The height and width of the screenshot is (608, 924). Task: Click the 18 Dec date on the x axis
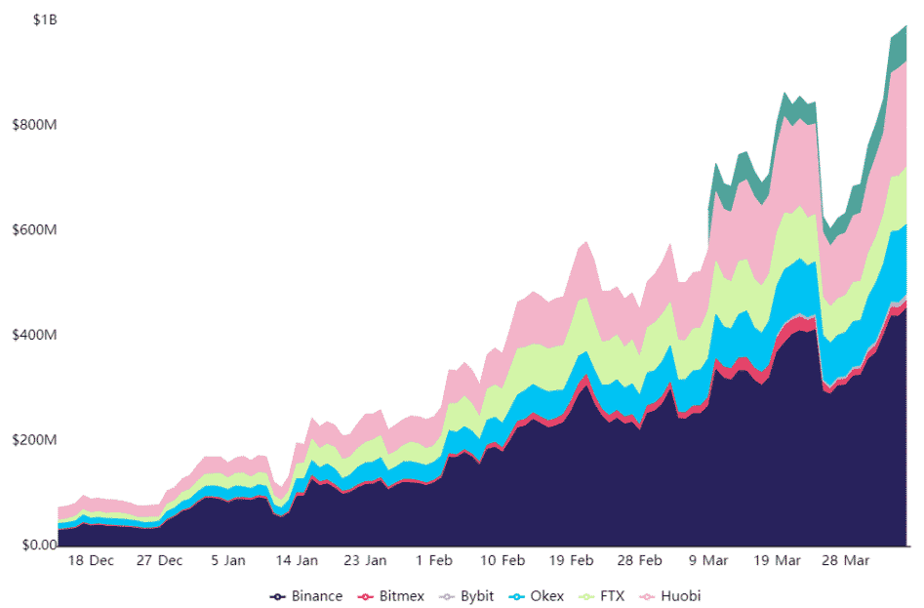[92, 561]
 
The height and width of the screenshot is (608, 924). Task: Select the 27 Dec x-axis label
[159, 561]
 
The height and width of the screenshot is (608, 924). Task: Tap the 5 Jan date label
[227, 561]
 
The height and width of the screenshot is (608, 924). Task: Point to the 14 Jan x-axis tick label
[297, 561]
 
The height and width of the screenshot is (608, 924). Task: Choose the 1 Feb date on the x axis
[433, 561]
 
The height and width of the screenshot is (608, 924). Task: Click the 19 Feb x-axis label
[571, 561]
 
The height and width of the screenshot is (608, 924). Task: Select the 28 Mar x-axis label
[845, 561]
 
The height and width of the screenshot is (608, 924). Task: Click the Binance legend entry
[307, 595]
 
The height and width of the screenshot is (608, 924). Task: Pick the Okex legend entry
[539, 595]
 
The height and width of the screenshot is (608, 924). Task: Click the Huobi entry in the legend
[670, 595]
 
